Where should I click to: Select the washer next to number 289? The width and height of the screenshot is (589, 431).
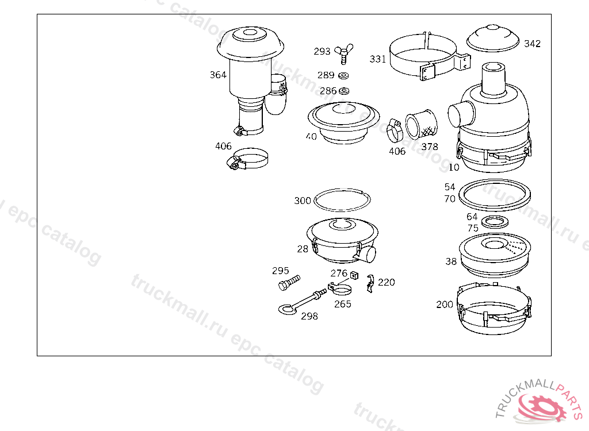click(x=343, y=75)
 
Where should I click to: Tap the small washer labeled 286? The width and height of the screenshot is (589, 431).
click(x=344, y=91)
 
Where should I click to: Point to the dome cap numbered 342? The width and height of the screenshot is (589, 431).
click(x=493, y=38)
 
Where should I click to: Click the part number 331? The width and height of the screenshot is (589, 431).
click(x=377, y=59)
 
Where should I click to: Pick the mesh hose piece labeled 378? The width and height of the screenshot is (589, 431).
click(x=422, y=125)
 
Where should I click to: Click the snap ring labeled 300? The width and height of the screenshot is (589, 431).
click(x=342, y=200)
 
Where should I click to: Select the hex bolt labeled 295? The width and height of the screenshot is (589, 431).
click(x=289, y=283)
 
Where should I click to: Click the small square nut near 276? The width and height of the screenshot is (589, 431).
click(x=354, y=276)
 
